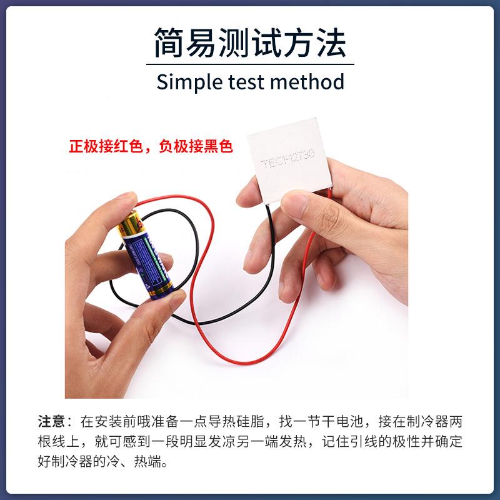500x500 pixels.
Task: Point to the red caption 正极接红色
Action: (104, 147)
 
